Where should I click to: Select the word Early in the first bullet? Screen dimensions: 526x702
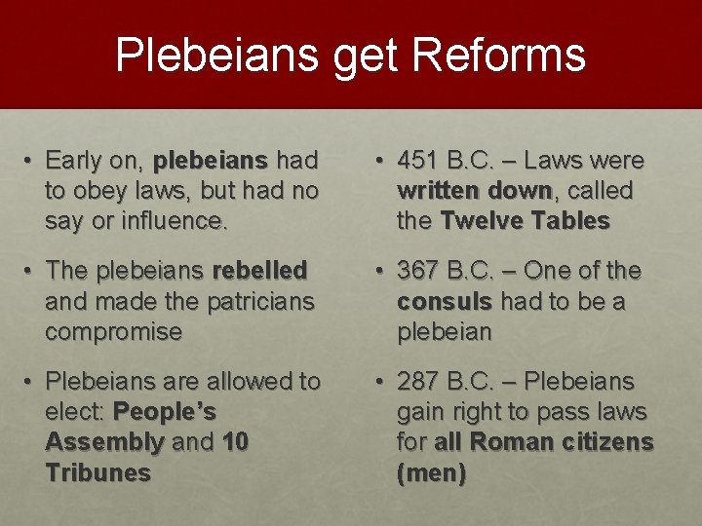click(73, 160)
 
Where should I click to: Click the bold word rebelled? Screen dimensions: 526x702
click(259, 270)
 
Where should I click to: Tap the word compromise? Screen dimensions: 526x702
click(113, 332)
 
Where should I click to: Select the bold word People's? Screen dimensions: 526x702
click(165, 412)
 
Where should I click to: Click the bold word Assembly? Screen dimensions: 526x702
click(104, 443)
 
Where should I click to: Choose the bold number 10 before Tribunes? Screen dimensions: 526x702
click(235, 443)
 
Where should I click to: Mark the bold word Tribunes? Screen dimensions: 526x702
click(97, 474)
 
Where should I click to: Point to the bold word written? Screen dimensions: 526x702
click(436, 190)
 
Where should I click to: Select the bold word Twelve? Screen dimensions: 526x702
click(482, 221)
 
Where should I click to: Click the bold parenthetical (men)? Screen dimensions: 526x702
click(431, 474)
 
